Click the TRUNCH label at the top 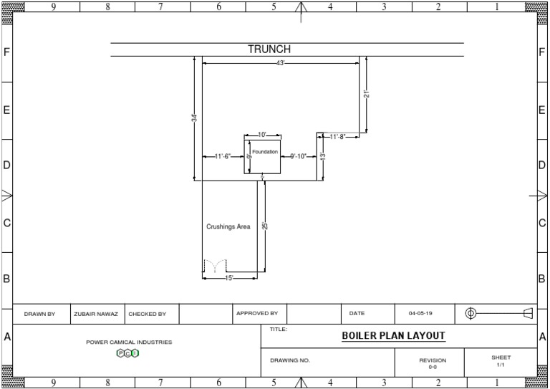coord(269,49)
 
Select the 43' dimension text coord(281,64)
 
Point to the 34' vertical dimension coord(193,118)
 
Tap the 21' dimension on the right coord(366,94)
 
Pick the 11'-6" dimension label coord(223,156)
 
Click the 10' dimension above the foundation coord(262,135)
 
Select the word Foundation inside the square coord(264,152)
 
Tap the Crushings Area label coord(228,226)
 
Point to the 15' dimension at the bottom coord(229,278)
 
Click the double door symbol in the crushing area coord(214,266)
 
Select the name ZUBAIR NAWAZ coord(96,314)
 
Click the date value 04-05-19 coord(420,314)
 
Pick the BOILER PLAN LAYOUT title coord(393,335)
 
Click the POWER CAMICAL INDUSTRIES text coord(129,342)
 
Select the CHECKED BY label coord(148,314)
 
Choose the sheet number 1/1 coord(501,365)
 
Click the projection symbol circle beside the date coord(471,313)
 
